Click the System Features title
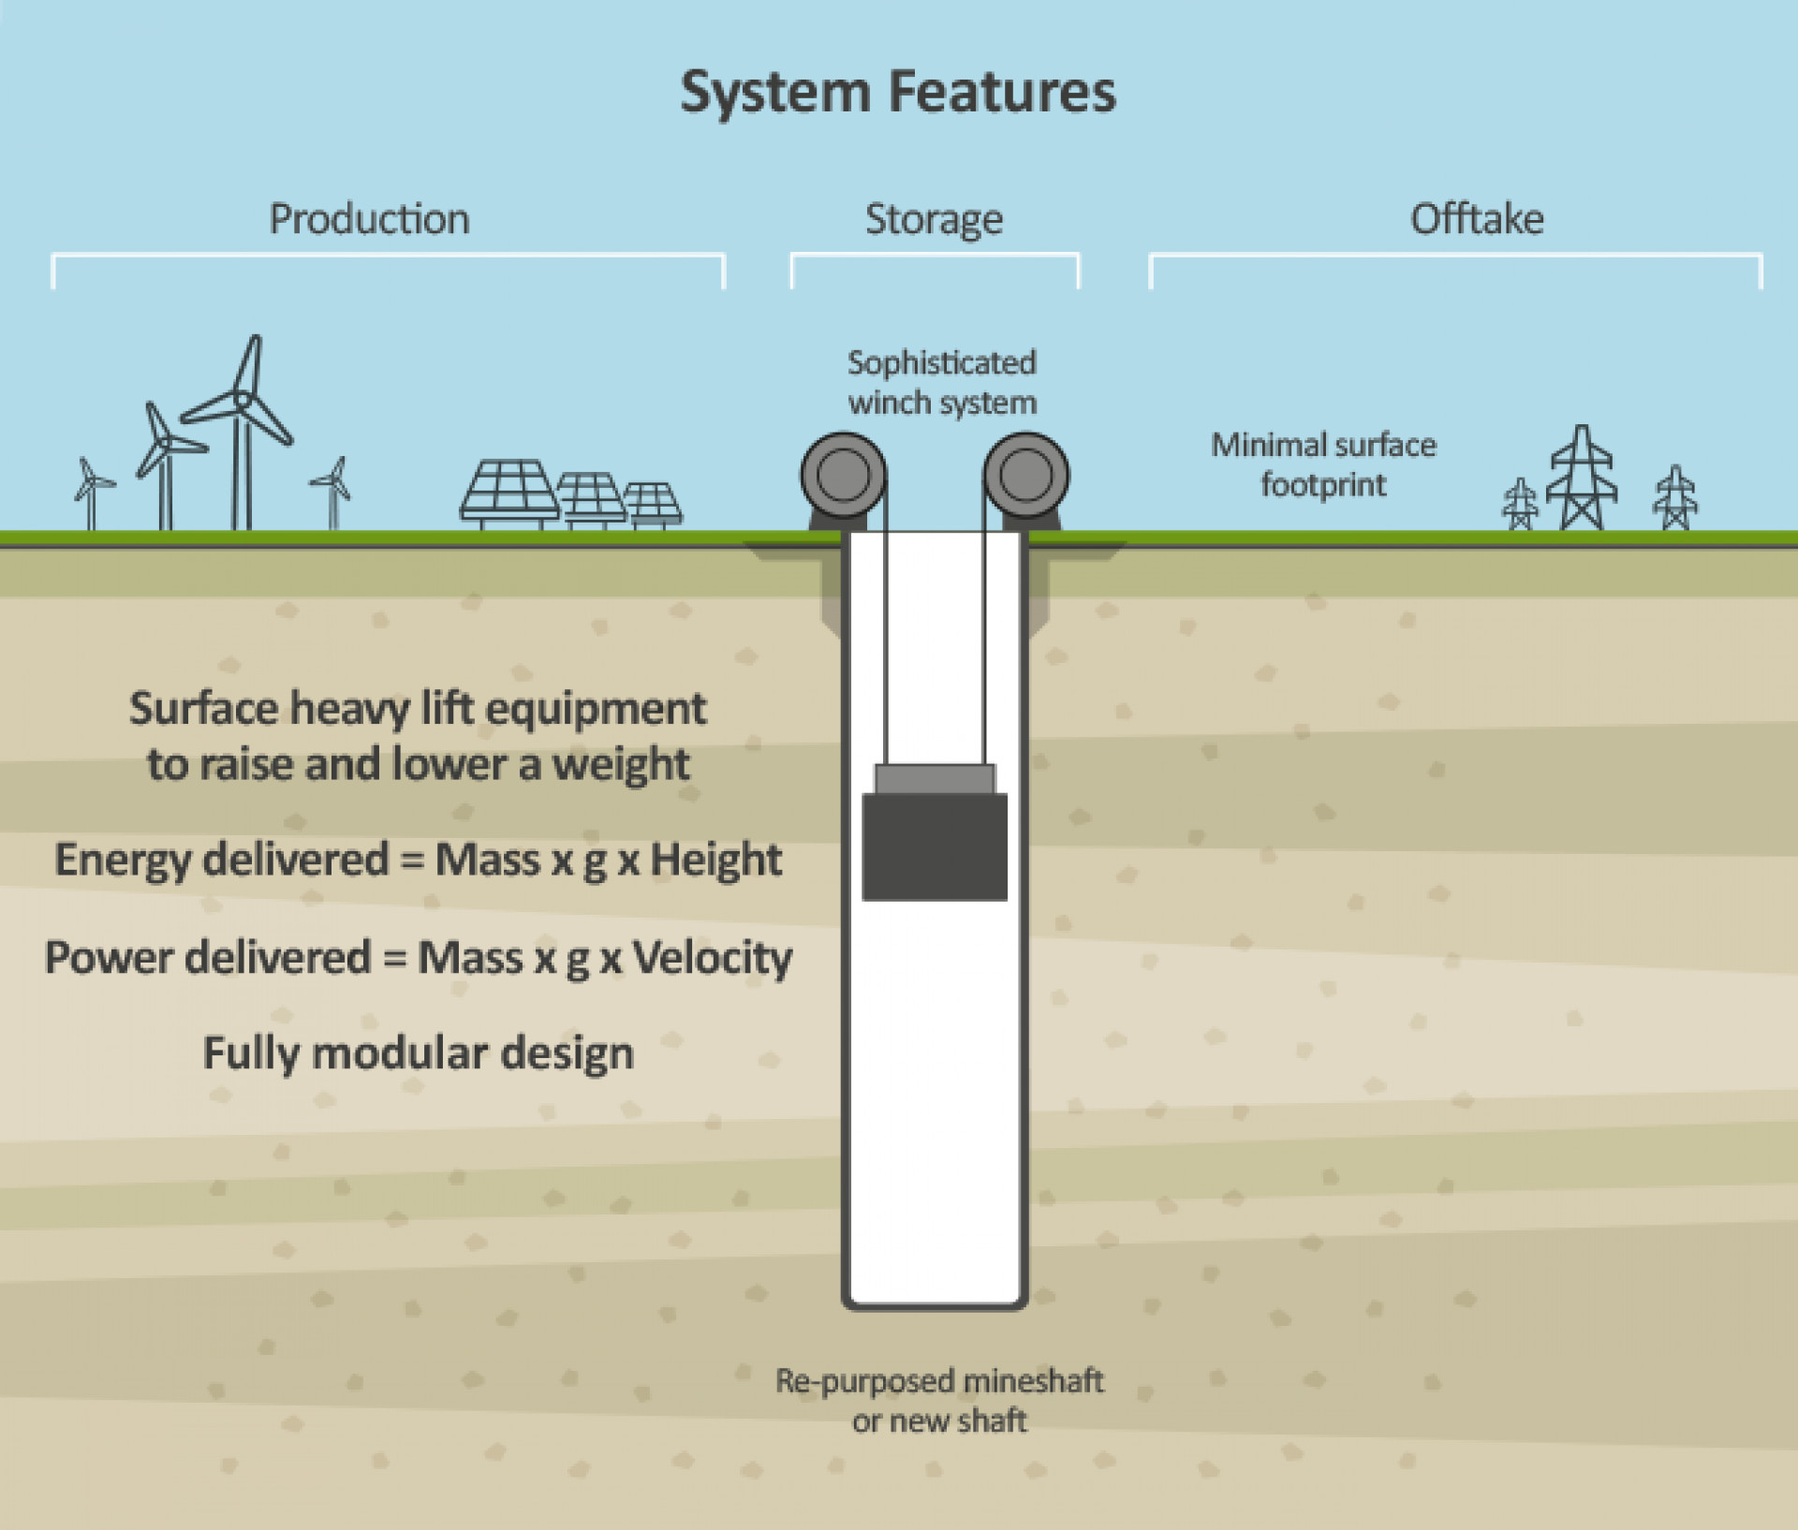pos(898,92)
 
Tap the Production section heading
pos(369,219)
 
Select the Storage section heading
pos(934,219)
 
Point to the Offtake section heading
pos(1477,219)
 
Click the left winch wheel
pos(843,475)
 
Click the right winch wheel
pos(1026,475)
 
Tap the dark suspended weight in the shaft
pos(935,846)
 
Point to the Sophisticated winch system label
pos(942,382)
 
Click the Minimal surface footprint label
pos(1323,464)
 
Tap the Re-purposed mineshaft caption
pos(939,1400)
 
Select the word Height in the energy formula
pos(715,860)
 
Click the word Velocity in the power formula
pos(712,958)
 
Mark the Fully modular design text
pos(419,1053)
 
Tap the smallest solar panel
pos(653,505)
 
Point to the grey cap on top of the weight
pos(935,778)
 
